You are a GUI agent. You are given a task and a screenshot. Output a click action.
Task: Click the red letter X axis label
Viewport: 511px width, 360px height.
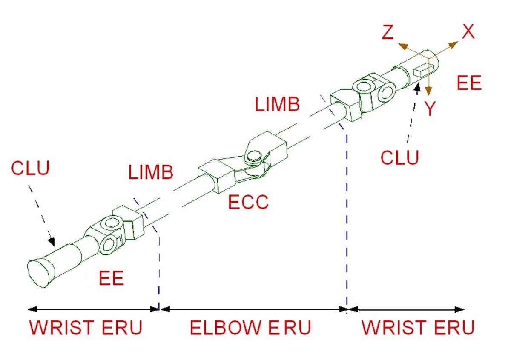(x=468, y=31)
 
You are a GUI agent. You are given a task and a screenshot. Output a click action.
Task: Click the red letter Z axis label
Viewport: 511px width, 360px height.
(x=388, y=32)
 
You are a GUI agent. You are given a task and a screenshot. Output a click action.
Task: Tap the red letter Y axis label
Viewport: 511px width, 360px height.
(x=430, y=109)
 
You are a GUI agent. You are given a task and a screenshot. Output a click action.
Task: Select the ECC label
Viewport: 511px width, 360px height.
(x=248, y=202)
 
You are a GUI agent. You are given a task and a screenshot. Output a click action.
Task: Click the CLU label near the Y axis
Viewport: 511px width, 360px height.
(x=400, y=157)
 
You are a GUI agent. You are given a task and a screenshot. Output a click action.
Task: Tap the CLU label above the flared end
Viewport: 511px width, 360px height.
(x=30, y=168)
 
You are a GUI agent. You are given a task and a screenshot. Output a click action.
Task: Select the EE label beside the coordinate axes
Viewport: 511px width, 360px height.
(x=469, y=83)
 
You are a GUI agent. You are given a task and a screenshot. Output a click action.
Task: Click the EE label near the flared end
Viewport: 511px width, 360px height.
(x=111, y=278)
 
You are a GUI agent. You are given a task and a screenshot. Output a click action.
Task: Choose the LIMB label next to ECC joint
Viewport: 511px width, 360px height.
(x=151, y=172)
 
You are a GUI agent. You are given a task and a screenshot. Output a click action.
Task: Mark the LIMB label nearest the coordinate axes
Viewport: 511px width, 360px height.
(x=277, y=104)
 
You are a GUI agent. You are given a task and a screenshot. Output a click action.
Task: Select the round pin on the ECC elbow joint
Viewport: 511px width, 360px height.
(x=253, y=157)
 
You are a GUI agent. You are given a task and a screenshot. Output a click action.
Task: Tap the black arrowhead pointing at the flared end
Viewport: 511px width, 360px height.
(x=52, y=242)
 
